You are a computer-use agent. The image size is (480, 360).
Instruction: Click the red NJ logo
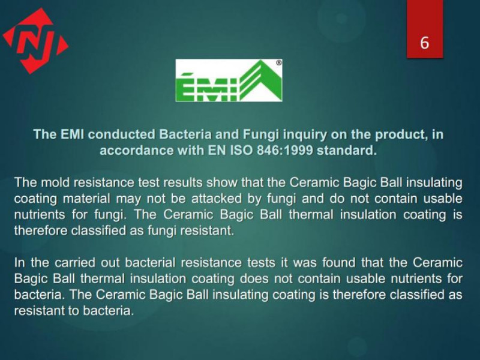(x=35, y=41)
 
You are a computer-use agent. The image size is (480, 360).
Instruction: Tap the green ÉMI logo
(x=229, y=80)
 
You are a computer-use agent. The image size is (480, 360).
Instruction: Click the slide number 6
(x=424, y=42)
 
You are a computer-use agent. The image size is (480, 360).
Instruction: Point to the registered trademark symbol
(x=279, y=63)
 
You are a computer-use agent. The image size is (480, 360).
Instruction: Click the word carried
(x=74, y=263)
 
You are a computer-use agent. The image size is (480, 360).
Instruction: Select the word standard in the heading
(x=347, y=151)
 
